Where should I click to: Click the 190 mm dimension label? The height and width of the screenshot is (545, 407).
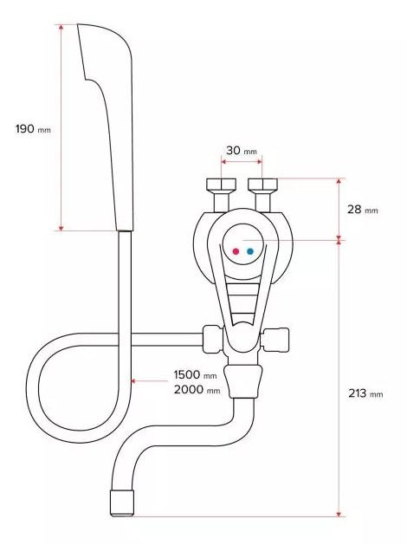[33, 129]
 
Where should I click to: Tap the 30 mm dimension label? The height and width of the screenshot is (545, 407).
[242, 151]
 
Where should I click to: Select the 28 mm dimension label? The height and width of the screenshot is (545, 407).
[362, 209]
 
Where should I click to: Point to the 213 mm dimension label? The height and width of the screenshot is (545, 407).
[365, 393]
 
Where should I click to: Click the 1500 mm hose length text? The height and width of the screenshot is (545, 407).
[195, 374]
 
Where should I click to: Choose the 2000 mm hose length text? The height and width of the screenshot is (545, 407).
[197, 389]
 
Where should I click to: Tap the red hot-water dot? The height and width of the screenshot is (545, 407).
[236, 251]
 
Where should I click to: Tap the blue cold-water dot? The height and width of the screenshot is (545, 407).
[250, 251]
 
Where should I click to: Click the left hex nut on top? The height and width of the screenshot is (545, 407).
[221, 184]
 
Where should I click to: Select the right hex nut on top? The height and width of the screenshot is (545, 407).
[263, 184]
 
